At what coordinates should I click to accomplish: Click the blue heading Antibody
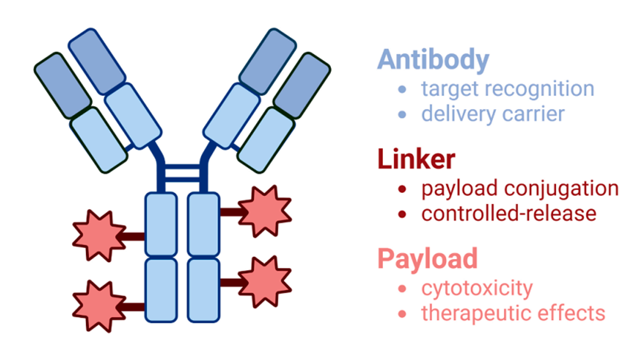click(x=433, y=59)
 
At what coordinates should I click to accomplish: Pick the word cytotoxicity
click(x=476, y=288)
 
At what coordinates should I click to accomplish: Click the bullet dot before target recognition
click(x=402, y=90)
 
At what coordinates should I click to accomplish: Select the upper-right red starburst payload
click(x=265, y=210)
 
